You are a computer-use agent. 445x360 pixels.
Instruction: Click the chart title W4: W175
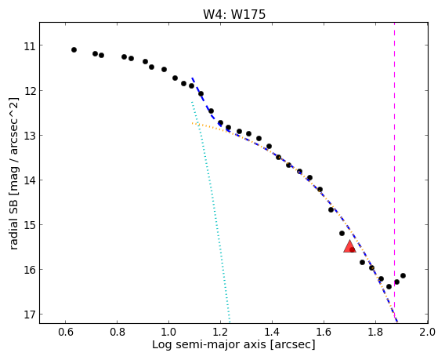pos(234,14)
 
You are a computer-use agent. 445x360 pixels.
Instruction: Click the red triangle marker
pos(349,246)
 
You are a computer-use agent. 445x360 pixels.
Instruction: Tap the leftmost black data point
pos(74,50)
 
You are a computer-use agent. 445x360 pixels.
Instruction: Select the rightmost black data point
pos(403,275)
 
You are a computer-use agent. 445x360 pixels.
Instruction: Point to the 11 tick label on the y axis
pos(29,45)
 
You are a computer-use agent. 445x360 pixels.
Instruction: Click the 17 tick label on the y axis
pos(29,315)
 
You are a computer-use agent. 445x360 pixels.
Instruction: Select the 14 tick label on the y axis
pos(29,180)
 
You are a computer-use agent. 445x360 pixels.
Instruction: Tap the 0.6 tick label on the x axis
pos(66,332)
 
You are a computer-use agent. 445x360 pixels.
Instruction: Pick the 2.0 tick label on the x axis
pos(428,332)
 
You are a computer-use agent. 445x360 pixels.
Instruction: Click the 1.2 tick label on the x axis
pos(220,332)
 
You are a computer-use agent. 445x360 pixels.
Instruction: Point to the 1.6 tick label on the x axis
pos(324,332)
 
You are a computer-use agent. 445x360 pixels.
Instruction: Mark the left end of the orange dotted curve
pos(192,123)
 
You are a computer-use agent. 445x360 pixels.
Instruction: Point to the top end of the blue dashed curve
pos(192,78)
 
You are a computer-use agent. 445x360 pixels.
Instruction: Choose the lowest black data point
pos(389,287)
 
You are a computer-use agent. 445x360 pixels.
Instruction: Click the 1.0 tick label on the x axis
pos(169,332)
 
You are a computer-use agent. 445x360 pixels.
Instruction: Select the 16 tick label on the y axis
pos(29,270)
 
